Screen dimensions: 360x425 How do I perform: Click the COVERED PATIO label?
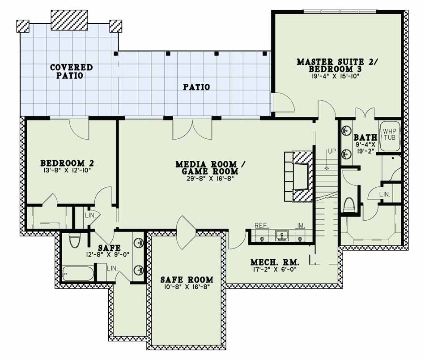[71, 72]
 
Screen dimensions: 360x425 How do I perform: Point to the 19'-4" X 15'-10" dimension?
[337, 77]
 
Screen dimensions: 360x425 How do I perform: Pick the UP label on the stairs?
[331, 152]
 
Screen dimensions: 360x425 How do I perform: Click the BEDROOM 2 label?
[67, 163]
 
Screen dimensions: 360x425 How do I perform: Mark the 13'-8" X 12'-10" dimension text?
[67, 171]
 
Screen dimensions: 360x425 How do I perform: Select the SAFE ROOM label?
[187, 280]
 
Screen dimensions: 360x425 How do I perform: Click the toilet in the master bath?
[349, 206]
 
